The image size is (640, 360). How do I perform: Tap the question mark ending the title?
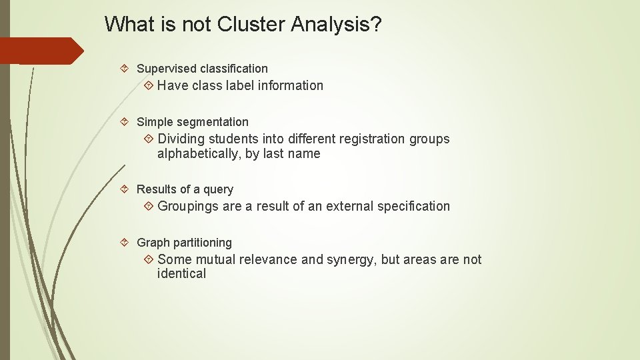click(376, 25)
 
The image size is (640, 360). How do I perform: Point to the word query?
click(218, 190)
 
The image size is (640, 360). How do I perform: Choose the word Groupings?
click(188, 207)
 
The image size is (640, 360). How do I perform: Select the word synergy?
click(351, 260)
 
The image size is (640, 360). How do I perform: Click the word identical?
click(181, 274)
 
